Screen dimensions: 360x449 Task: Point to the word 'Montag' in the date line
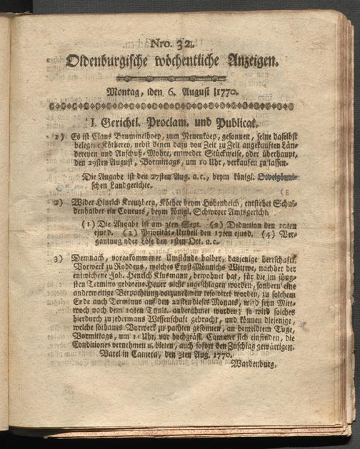(x=125, y=92)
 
